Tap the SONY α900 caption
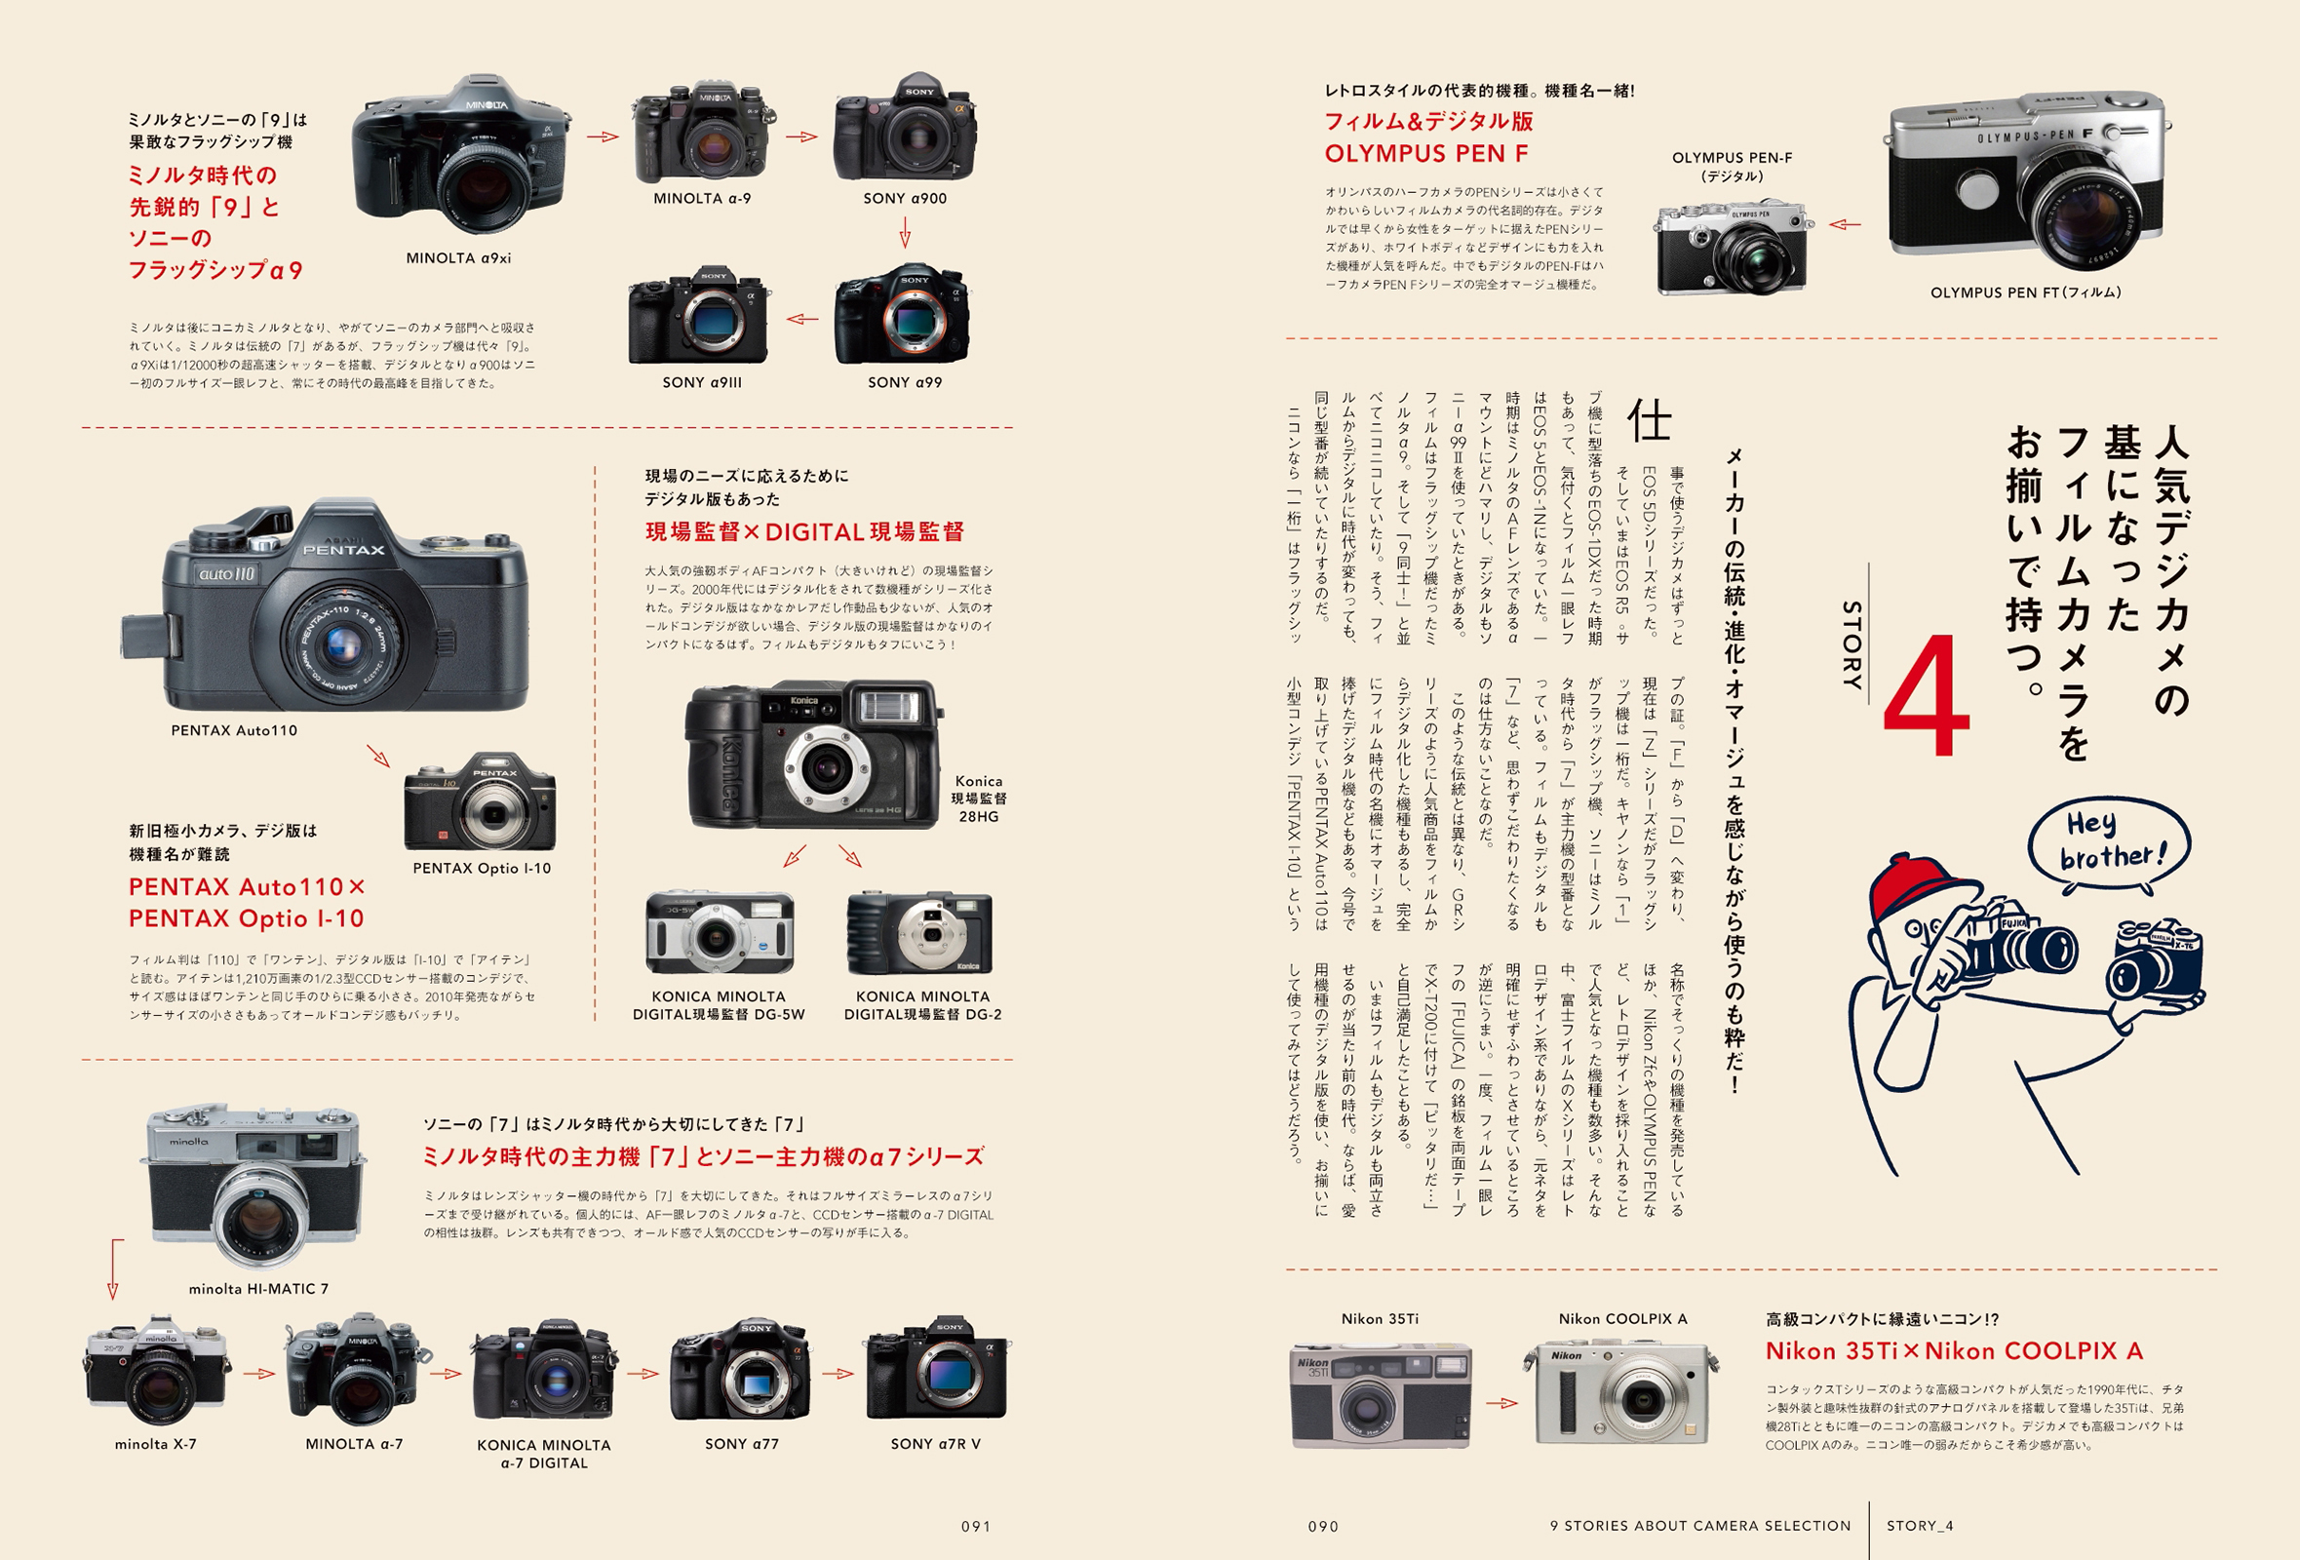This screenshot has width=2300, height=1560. (905, 198)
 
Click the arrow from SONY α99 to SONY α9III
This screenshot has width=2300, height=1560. (802, 319)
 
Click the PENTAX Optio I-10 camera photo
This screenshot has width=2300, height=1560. (480, 803)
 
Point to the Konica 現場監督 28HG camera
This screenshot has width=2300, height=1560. (812, 755)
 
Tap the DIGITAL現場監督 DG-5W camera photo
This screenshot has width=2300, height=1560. (719, 932)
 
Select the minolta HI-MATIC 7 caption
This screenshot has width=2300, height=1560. (258, 1289)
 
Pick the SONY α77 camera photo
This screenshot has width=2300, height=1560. (740, 1370)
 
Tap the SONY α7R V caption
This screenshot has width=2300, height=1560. (935, 1443)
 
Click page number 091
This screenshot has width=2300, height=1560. (976, 1526)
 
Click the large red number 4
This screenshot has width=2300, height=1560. (1925, 699)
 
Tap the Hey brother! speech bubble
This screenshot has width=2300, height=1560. (2110, 841)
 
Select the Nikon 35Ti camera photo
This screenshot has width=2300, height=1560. (1381, 1393)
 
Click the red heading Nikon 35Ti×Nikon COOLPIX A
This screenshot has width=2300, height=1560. (1954, 1351)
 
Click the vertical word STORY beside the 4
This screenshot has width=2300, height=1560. (1852, 644)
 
